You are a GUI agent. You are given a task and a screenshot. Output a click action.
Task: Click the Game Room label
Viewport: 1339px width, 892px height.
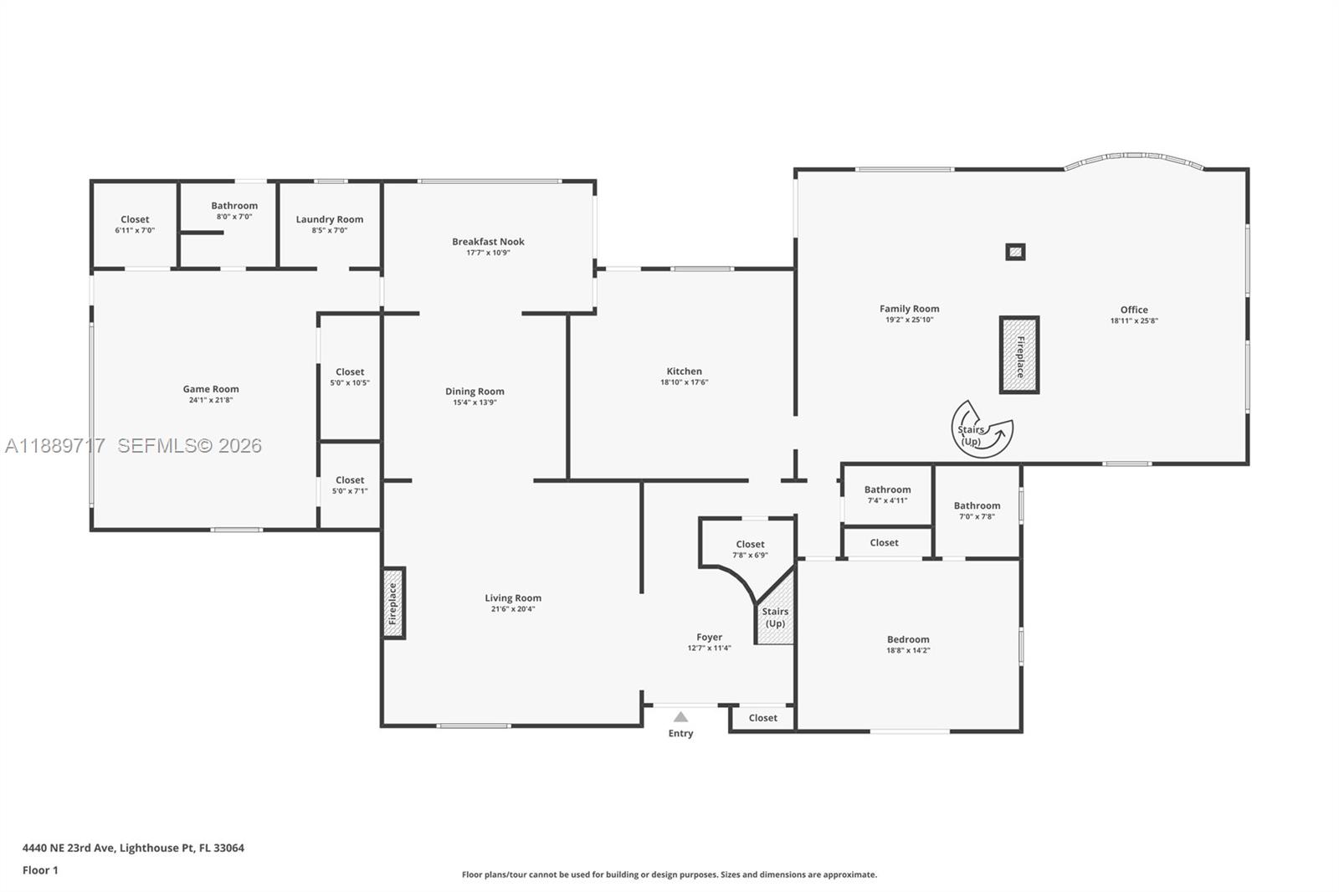tap(211, 389)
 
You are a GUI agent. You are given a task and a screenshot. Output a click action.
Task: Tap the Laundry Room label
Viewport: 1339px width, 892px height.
tap(330, 219)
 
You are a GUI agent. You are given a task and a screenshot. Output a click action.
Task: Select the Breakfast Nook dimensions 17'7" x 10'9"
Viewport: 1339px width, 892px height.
tap(488, 253)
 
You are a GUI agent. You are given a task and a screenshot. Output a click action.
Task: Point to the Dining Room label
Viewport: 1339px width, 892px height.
tap(475, 392)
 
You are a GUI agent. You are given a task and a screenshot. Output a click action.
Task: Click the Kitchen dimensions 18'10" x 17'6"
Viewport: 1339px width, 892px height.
tap(684, 382)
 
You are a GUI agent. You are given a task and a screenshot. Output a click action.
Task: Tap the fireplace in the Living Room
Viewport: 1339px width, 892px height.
tap(393, 604)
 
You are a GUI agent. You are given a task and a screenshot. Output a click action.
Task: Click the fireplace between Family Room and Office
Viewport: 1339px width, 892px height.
tap(1019, 355)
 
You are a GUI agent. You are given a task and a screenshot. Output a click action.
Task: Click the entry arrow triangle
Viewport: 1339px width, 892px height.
tap(680, 717)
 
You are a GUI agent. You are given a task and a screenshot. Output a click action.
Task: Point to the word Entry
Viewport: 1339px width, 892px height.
tap(680, 734)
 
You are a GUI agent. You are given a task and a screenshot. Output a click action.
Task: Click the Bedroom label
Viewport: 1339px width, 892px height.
tap(908, 639)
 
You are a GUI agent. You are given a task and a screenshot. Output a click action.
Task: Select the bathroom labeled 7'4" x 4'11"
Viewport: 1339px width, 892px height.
tap(887, 495)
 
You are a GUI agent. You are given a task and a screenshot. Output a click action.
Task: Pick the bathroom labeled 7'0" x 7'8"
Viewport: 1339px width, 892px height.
tap(977, 510)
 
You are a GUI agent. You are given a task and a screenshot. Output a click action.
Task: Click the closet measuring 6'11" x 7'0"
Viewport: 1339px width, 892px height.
tap(135, 224)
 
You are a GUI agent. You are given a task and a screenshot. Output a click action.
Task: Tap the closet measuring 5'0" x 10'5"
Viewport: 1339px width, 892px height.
tap(350, 377)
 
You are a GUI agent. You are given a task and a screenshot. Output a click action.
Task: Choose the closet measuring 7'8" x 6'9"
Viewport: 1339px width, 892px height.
tap(750, 549)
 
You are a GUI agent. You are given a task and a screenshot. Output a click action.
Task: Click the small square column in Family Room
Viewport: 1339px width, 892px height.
tap(1015, 251)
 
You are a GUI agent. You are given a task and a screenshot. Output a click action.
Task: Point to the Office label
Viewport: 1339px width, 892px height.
tap(1134, 310)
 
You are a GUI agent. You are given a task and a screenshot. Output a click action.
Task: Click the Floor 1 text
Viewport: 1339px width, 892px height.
tap(40, 870)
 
